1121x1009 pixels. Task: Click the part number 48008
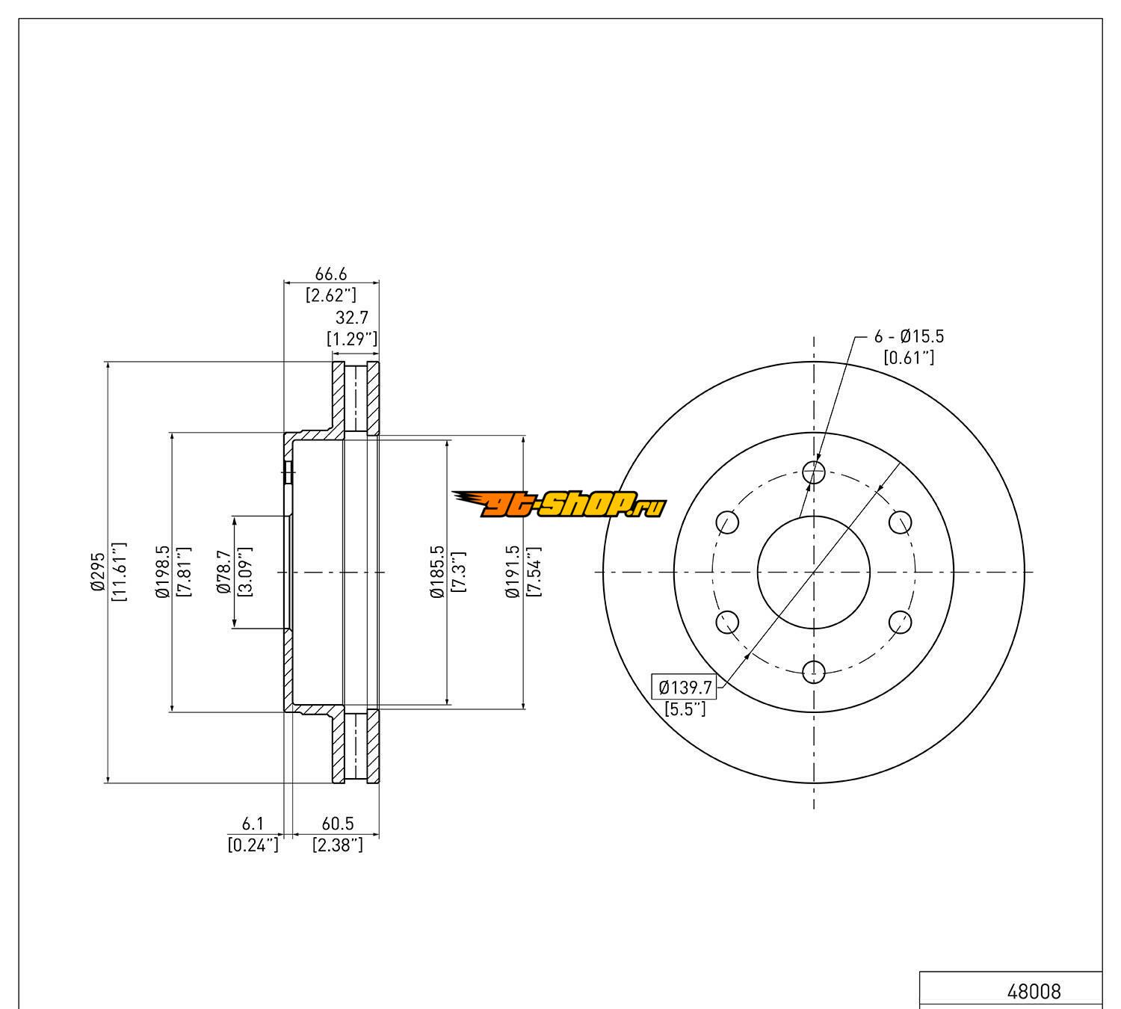coord(1034,992)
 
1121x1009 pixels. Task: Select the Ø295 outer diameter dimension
coord(98,573)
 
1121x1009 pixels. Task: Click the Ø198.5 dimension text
coord(161,573)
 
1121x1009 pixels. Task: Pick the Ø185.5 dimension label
coord(437,573)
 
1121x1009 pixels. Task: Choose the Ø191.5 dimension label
coord(512,573)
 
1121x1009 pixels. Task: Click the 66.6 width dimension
coord(330,276)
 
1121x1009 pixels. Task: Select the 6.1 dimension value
coord(253,824)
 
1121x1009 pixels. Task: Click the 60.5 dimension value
coord(337,824)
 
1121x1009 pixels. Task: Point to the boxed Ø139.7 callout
coord(684,685)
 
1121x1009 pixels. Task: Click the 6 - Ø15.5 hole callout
coord(909,337)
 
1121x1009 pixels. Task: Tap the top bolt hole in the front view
coord(814,472)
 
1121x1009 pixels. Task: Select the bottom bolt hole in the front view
coord(814,672)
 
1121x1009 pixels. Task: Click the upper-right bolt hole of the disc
coord(901,522)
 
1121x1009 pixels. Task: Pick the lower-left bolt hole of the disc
coord(727,622)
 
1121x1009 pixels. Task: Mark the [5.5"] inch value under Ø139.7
coord(685,709)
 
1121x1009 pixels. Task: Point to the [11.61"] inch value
coord(119,573)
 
